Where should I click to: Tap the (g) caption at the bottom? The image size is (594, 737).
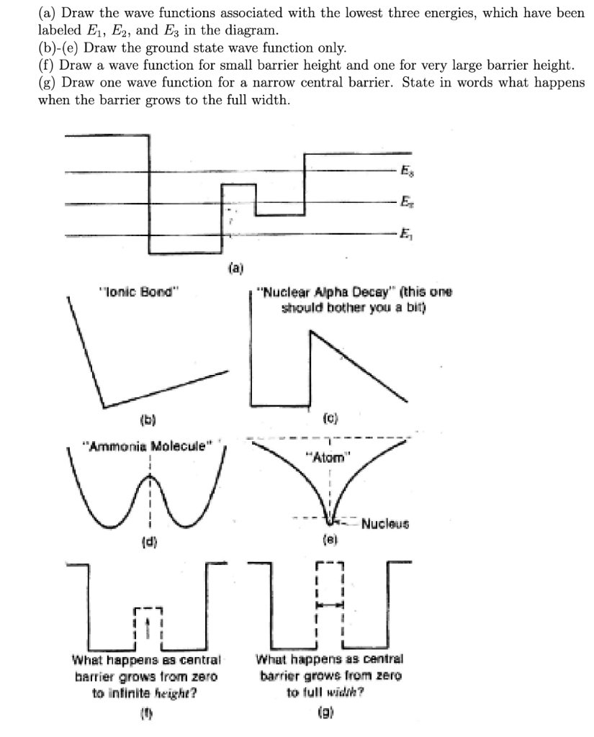[x=329, y=715]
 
